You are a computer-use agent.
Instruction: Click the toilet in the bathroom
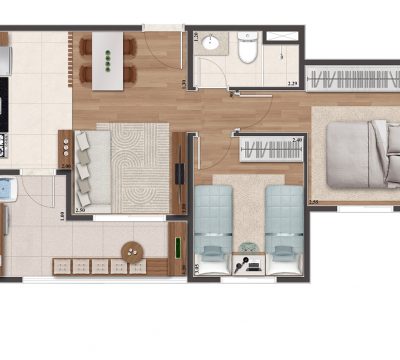tap(247, 47)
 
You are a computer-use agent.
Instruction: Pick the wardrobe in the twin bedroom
tap(271, 151)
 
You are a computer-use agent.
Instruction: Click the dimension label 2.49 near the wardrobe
tap(297, 139)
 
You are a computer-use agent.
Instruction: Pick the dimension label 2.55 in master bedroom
tap(314, 203)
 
